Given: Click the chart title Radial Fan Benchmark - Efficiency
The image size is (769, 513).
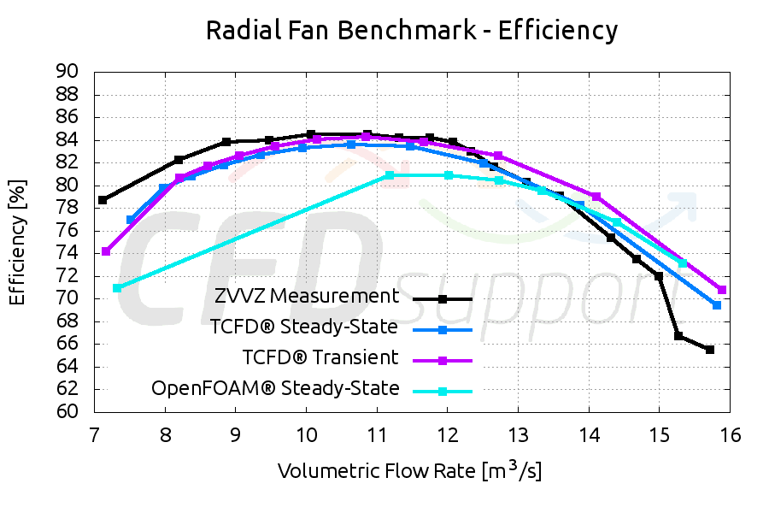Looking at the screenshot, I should pyautogui.click(x=411, y=31).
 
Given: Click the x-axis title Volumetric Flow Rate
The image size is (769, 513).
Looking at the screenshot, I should pyautogui.click(x=409, y=470).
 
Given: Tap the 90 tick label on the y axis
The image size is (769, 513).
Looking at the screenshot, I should pyautogui.click(x=67, y=72).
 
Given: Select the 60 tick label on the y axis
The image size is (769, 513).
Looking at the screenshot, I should pyautogui.click(x=67, y=411).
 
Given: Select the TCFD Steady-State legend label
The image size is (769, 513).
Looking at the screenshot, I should pyautogui.click(x=303, y=327).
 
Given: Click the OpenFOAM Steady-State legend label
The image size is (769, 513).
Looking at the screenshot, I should pyautogui.click(x=275, y=388).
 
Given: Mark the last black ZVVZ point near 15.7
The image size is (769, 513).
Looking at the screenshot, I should pyautogui.click(x=710, y=350).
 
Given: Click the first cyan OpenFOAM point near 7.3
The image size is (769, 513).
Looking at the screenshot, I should pyautogui.click(x=117, y=288).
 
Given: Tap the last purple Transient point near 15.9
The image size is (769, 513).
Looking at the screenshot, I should pyautogui.click(x=722, y=290).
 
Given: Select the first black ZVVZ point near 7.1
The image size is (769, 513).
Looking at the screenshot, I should pyautogui.click(x=103, y=200).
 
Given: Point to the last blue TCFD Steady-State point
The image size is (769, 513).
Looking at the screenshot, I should pyautogui.click(x=717, y=305).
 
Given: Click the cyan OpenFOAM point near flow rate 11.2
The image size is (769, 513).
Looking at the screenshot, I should pyautogui.click(x=390, y=175).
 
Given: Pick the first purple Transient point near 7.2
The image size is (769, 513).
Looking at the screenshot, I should pyautogui.click(x=106, y=251).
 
